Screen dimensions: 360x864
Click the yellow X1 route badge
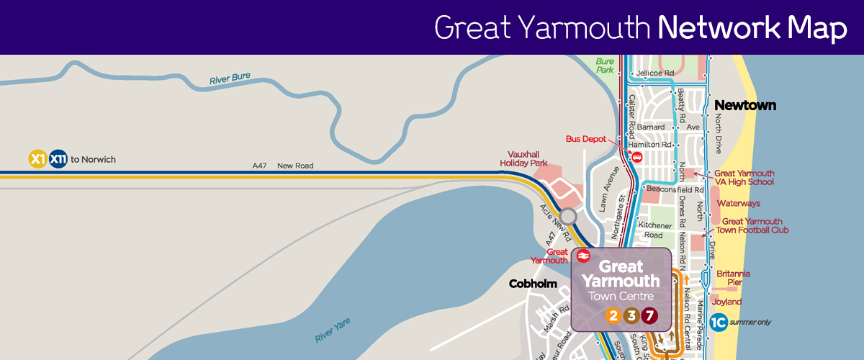pos(37,158)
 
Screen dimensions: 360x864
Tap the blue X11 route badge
pos(58,158)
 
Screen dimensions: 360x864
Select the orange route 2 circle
pos(613,315)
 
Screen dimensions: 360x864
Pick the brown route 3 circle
pos(631,315)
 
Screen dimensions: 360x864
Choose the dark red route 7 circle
pos(649,315)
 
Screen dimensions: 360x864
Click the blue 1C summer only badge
pos(717,323)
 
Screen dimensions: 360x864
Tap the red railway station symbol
pos(582,256)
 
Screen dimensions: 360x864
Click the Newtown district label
pos(744,106)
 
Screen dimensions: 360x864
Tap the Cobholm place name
pos(533,284)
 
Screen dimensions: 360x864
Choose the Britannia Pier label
pos(733,278)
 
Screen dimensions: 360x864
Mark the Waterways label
pos(739,204)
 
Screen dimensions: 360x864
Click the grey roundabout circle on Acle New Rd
pos(569,217)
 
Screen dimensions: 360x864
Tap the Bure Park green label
pos(605,66)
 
